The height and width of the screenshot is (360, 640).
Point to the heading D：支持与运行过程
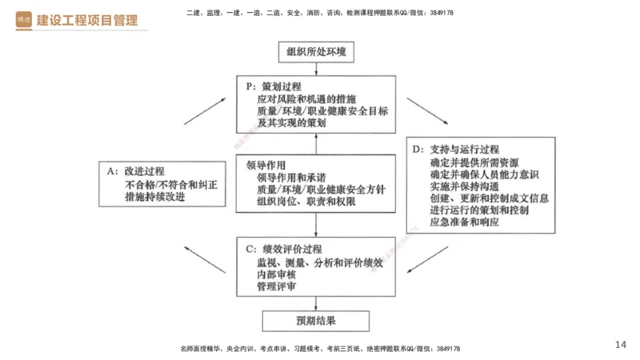coord(455,150)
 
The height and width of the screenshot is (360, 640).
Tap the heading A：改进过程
coord(135,171)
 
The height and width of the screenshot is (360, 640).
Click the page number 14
coord(621,345)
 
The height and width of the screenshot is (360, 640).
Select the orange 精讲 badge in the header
coord(24,20)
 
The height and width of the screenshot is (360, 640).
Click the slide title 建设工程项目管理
coord(87,20)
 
